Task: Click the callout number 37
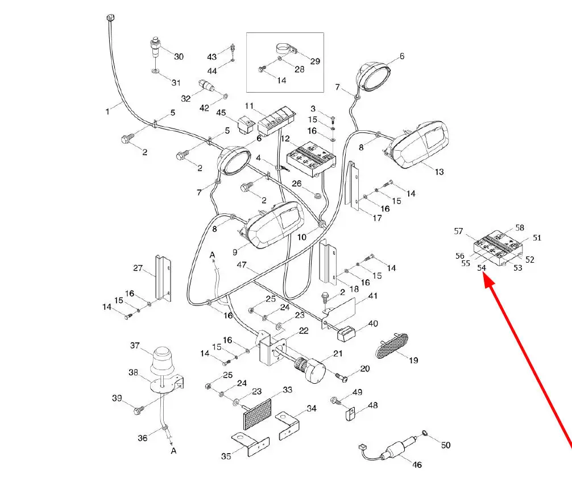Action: pos(135,346)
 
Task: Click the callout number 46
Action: pos(417,465)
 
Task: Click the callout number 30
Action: pos(179,56)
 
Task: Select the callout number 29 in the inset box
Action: pos(315,61)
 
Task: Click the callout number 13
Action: pos(439,172)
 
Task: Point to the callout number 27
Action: pos(138,268)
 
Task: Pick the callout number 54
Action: pos(482,267)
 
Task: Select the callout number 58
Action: pos(519,228)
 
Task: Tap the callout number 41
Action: pos(373,296)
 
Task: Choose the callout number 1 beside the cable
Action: pos(107,112)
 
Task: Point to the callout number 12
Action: pos(285,139)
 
